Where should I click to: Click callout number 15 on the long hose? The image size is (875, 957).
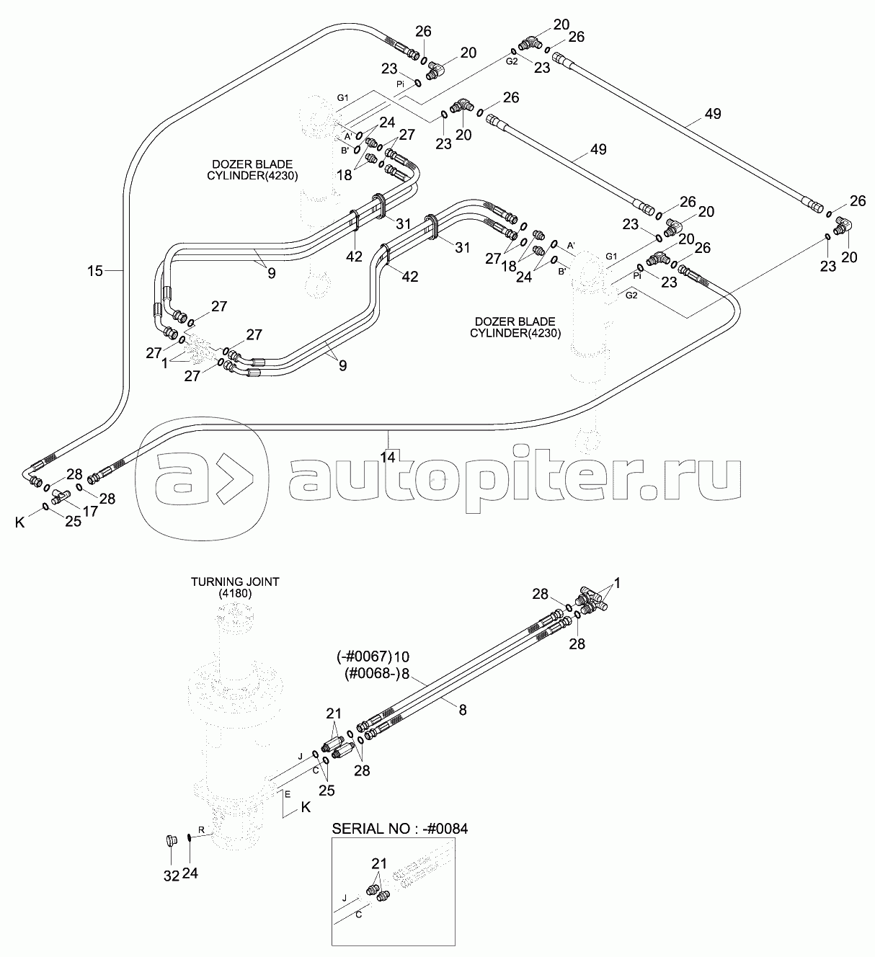click(x=95, y=271)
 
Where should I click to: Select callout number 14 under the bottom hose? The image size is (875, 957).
click(x=388, y=457)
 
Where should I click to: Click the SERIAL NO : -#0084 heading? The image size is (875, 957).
click(x=399, y=829)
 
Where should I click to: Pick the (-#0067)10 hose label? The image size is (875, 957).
click(x=373, y=656)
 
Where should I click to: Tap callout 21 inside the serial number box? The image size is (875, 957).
click(x=379, y=863)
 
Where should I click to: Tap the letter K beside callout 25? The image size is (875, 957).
click(x=20, y=522)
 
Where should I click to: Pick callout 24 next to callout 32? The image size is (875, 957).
click(x=191, y=873)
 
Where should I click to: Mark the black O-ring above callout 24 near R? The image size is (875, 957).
click(x=188, y=837)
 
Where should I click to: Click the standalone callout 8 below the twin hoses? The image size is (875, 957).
click(x=463, y=710)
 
